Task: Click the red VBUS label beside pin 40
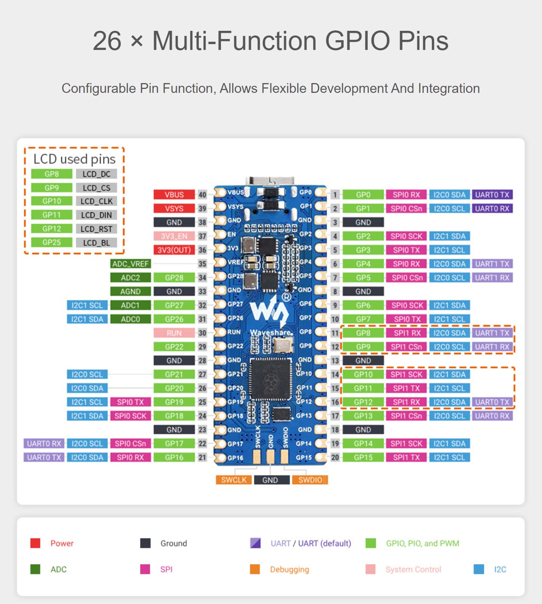tap(174, 195)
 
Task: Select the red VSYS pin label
tap(174, 208)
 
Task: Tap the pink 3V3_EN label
tap(174, 236)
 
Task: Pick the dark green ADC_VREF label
tap(131, 264)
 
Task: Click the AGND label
tap(131, 291)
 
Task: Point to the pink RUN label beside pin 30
tap(174, 333)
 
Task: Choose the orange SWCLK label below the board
tap(234, 480)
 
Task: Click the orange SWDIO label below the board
tap(310, 480)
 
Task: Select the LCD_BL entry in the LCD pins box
tap(96, 243)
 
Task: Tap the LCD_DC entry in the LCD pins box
tap(96, 174)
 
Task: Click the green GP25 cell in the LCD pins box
tap(52, 242)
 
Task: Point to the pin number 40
tap(202, 195)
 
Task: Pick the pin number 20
tap(335, 458)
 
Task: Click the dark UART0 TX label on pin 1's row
tap(492, 195)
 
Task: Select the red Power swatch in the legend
tap(35, 543)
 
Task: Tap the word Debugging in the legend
tap(289, 569)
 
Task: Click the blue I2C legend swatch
tap(479, 569)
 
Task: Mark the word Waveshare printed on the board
tap(271, 333)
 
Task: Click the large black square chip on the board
tap(271, 379)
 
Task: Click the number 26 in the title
tap(107, 41)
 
